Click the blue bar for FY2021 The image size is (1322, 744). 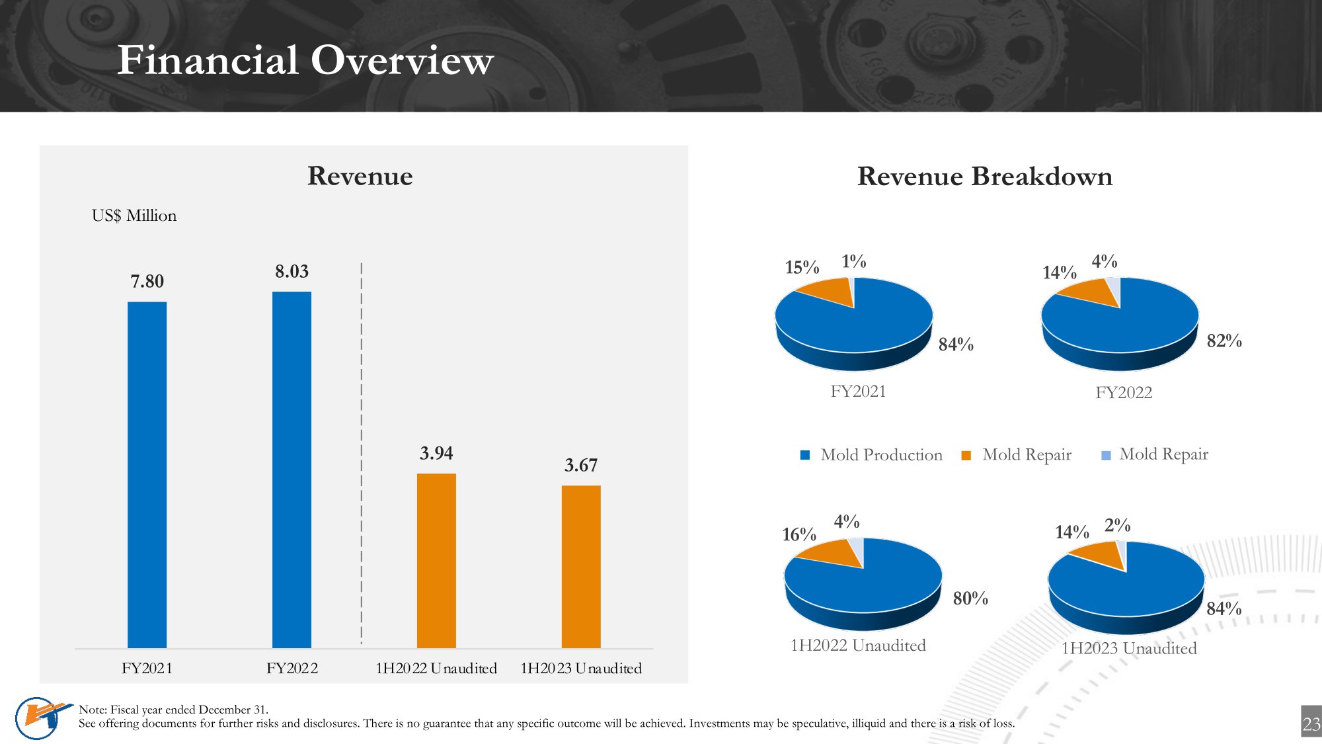coord(147,475)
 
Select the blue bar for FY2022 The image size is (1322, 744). coord(292,470)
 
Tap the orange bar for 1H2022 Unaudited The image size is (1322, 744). coord(436,561)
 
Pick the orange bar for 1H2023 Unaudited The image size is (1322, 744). coord(581,567)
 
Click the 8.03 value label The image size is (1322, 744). coord(292,272)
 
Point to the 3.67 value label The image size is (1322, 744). coord(581,466)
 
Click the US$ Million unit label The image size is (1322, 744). coord(134,216)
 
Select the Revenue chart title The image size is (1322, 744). coord(360,176)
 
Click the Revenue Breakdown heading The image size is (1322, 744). coord(985,177)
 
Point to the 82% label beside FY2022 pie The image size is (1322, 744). coord(1224,341)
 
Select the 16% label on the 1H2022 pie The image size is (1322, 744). coord(799,534)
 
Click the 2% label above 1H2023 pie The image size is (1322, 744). coord(1117,525)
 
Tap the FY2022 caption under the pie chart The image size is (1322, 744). coord(1124,393)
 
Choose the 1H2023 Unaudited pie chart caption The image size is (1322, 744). coord(1129,649)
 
